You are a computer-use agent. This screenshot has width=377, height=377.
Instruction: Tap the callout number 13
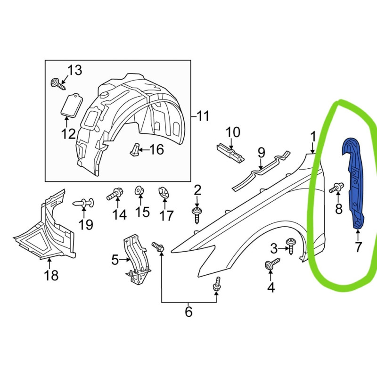coord(74,70)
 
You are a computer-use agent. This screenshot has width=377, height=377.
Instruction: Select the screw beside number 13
coord(58,84)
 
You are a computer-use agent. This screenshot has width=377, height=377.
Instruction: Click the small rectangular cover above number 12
coord(72,105)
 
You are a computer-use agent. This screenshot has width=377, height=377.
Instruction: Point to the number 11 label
coord(203,116)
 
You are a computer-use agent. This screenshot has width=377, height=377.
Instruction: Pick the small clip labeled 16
coord(135,149)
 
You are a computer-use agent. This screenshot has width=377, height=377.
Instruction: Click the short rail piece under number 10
coord(230,153)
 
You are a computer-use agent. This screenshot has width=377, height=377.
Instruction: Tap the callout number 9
coord(262,152)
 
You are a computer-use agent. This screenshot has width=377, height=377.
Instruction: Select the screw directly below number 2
coord(197,215)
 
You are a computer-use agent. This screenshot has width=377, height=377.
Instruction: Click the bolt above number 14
coord(115,194)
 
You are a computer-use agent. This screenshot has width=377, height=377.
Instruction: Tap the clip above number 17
coord(164,193)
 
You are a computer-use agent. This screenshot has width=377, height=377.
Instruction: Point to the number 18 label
coord(51,275)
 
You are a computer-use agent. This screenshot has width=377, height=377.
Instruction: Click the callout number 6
coord(189,311)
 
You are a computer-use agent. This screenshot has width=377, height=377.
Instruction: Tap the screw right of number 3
coord(291,246)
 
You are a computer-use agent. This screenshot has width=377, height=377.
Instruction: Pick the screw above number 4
coord(272,264)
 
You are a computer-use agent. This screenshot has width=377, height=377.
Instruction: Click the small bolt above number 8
coord(336,187)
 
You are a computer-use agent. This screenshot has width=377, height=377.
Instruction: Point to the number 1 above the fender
coord(312,137)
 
